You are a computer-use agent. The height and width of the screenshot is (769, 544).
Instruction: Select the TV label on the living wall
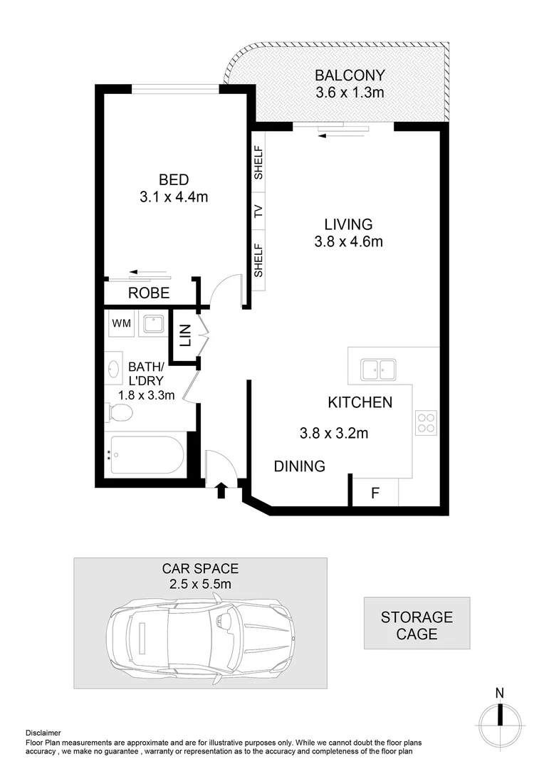[258, 211]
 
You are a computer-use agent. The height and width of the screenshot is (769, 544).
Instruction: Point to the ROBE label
[149, 293]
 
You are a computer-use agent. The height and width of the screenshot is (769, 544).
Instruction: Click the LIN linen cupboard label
[185, 335]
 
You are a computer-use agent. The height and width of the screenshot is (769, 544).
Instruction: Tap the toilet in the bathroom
[119, 412]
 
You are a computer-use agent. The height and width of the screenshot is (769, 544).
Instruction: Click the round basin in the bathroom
[114, 368]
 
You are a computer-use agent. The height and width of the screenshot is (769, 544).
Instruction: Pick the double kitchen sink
[378, 370]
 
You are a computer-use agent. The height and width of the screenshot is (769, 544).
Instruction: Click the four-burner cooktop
[426, 423]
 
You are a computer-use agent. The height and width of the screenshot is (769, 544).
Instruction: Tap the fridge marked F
[375, 493]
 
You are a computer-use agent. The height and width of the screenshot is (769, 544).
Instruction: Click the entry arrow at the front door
[221, 488]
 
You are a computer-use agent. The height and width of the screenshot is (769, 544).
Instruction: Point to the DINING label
[300, 466]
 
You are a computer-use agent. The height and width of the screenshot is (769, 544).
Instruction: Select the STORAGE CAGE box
[417, 624]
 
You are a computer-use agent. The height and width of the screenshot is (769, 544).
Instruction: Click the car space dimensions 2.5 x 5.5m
[200, 585]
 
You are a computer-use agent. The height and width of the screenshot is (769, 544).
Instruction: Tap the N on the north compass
[500, 693]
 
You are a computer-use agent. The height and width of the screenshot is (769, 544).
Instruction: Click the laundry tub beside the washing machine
[152, 324]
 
